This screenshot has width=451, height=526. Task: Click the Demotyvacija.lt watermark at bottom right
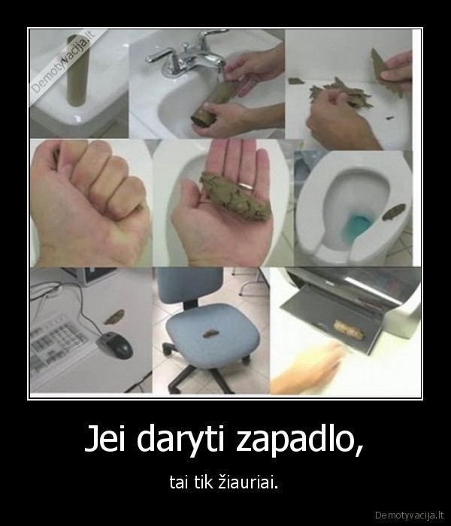413,515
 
